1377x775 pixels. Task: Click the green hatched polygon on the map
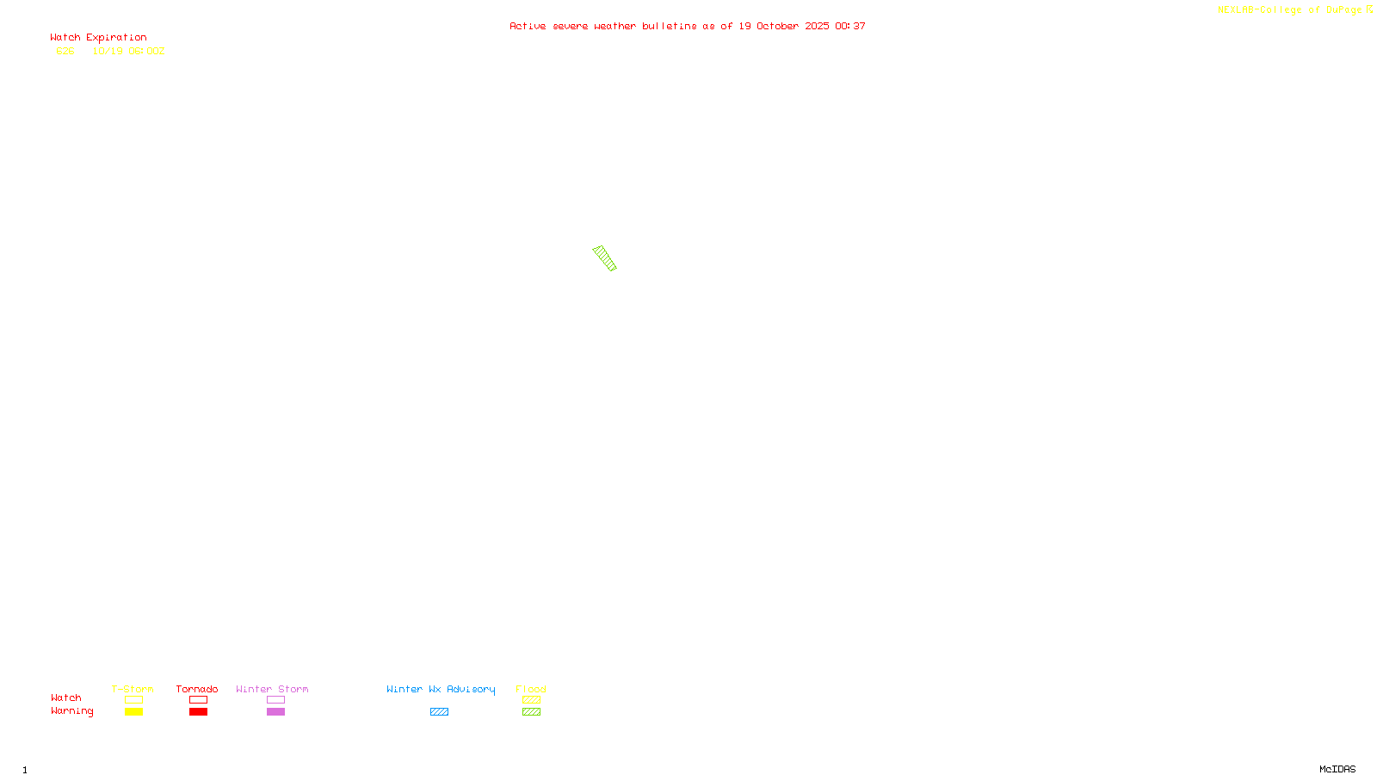(605, 258)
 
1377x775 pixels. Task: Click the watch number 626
(65, 51)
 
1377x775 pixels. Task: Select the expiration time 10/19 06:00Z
(128, 51)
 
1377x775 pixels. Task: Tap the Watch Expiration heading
(98, 38)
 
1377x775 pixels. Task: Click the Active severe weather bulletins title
(687, 26)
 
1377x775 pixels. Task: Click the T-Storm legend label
(133, 689)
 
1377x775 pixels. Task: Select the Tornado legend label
(197, 689)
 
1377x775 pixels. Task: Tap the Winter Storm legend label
(272, 689)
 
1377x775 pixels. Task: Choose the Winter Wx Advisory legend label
(441, 689)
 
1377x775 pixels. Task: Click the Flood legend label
(531, 689)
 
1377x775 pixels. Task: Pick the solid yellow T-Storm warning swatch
(133, 712)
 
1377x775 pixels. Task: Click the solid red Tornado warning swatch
(199, 712)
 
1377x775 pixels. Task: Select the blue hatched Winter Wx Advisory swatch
(439, 712)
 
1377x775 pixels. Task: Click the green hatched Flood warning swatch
(531, 712)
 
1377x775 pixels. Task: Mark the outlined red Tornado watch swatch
(199, 700)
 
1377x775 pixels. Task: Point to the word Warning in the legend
(71, 711)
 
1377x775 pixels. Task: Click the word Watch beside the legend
(65, 697)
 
